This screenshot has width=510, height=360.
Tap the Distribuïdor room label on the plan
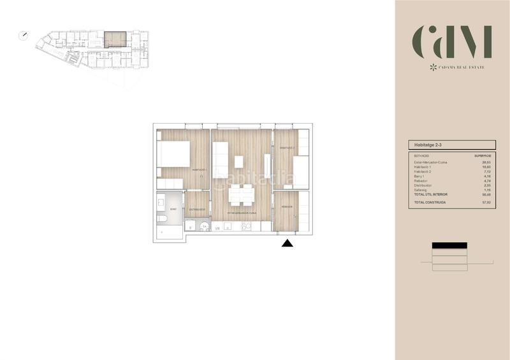tap(196, 209)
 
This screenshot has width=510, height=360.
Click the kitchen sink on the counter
tap(204, 226)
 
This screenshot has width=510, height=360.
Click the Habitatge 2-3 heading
tap(427, 145)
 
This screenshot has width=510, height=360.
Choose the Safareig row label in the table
tap(421, 189)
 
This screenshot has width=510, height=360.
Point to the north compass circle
tap(24, 36)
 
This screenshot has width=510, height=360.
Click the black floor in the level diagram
tap(449, 245)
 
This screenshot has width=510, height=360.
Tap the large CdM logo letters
tap(452, 43)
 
